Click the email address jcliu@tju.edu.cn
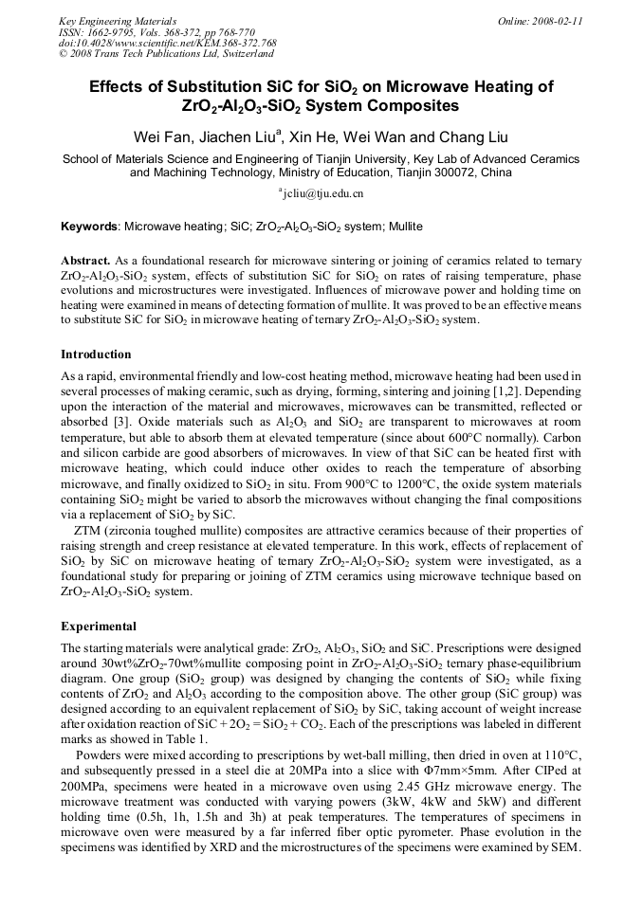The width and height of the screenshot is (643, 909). click(323, 193)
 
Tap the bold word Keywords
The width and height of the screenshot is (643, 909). click(89, 227)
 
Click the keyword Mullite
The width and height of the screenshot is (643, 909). click(403, 227)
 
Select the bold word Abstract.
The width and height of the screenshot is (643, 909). click(85, 260)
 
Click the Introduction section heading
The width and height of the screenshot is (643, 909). click(96, 354)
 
